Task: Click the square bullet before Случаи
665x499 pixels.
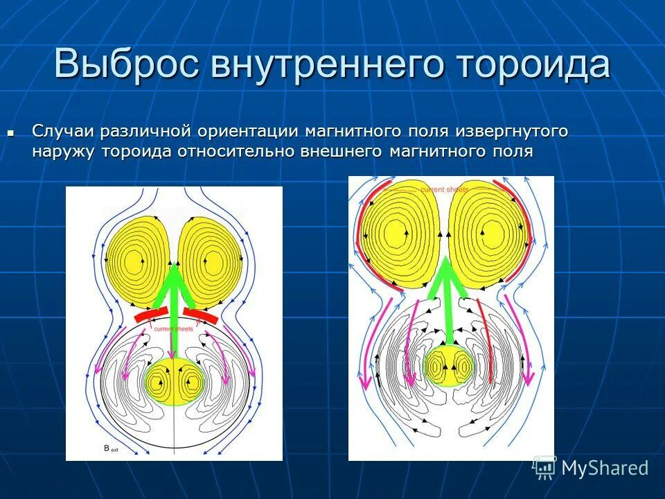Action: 10,131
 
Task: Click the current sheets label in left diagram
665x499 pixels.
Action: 174,329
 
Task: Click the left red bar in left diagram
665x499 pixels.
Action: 152,315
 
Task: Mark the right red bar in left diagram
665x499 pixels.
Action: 202,315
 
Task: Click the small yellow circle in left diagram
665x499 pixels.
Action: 175,382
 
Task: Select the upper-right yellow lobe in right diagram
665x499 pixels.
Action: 489,236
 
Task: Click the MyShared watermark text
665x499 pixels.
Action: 604,468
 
